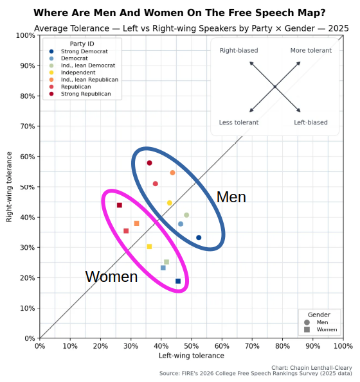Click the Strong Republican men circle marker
point(149,163)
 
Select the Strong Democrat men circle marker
point(199,238)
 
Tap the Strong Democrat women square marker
point(178,281)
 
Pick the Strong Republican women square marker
point(120,205)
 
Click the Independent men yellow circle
point(170,203)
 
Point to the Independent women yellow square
point(149,247)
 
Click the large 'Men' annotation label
point(231,198)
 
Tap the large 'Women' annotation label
point(111,277)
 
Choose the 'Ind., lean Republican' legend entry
point(89,80)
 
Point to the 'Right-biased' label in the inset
point(239,51)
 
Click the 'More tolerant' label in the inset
point(310,51)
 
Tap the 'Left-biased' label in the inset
point(310,123)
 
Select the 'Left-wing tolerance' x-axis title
point(192,356)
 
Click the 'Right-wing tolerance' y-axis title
point(10,187)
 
